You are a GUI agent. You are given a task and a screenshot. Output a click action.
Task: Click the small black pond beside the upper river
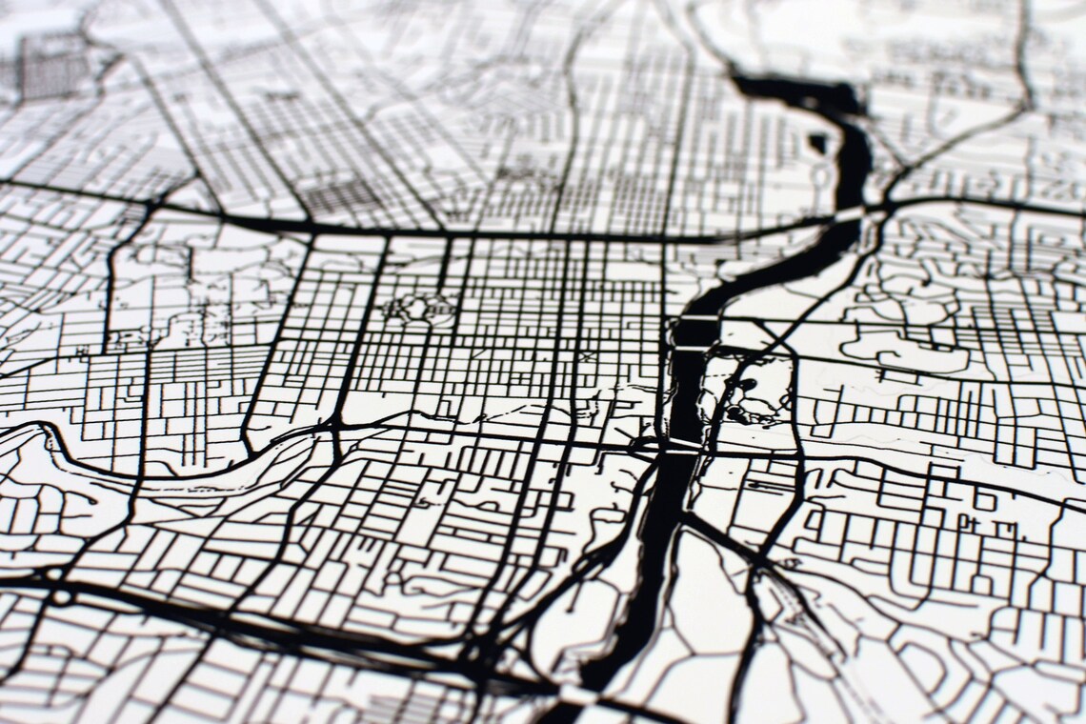point(817,143)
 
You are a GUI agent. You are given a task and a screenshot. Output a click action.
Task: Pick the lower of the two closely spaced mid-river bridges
point(690,349)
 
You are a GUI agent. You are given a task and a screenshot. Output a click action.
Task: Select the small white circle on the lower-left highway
point(62,597)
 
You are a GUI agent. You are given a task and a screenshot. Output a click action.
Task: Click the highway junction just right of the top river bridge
point(886,205)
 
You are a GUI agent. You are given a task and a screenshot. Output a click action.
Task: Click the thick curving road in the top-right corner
point(1024,76)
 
